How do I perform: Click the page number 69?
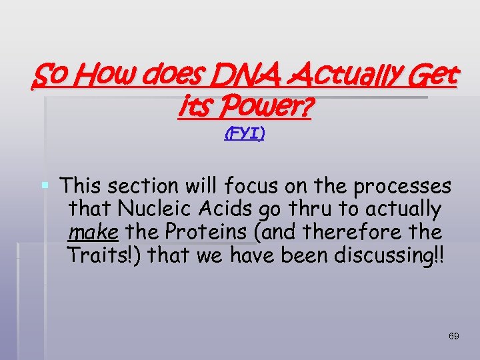453,336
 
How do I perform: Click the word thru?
309,209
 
